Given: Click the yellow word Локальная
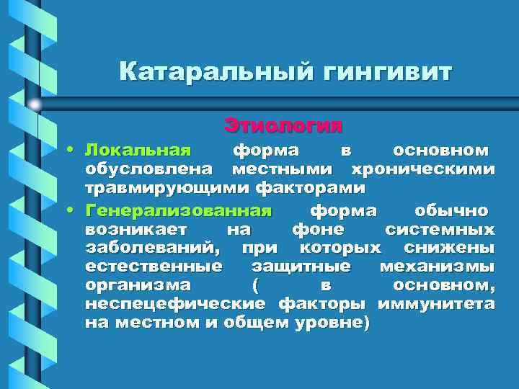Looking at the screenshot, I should (x=138, y=151).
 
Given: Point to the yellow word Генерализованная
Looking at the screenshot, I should (x=178, y=211).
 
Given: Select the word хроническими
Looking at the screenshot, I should (x=422, y=169).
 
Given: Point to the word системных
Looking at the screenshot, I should (x=440, y=230).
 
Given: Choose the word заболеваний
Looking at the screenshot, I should (x=153, y=249).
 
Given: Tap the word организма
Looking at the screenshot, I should (x=138, y=285).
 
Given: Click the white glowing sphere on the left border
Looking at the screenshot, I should (x=35, y=105).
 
